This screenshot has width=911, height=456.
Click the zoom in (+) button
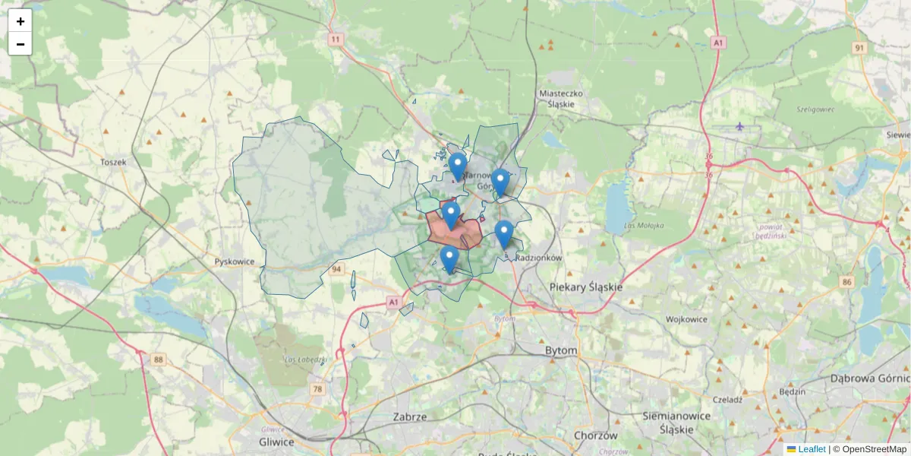click(20, 21)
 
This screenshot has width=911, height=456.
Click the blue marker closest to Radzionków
click(503, 233)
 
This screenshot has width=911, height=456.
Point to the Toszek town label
click(113, 162)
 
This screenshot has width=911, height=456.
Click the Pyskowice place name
click(234, 261)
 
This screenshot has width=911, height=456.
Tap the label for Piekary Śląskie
click(585, 287)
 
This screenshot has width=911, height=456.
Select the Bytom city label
click(561, 350)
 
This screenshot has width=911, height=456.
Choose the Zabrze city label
click(410, 416)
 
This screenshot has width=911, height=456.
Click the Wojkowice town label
click(686, 319)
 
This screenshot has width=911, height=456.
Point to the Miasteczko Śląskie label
click(560, 99)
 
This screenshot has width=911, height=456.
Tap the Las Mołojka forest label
click(644, 226)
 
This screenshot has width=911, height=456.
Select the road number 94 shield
click(337, 269)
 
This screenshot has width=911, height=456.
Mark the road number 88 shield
click(158, 359)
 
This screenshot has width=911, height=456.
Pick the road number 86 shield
click(846, 282)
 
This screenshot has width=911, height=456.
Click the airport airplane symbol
click(740, 126)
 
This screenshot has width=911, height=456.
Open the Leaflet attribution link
click(811, 449)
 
